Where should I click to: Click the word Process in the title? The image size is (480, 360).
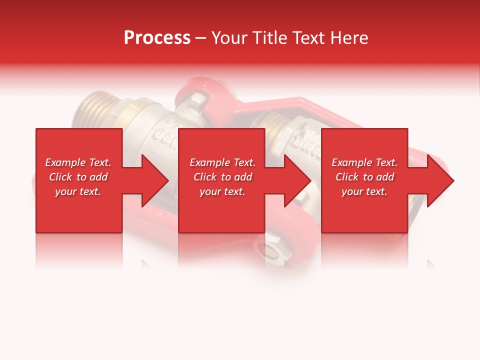[x=157, y=38]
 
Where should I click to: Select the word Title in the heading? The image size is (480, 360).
[x=271, y=38]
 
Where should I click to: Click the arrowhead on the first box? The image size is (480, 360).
[x=155, y=180]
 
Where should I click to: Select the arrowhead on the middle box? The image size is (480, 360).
[x=297, y=180]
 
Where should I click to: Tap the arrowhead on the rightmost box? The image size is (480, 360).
[x=440, y=180]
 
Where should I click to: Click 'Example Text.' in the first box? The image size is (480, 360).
[x=78, y=162]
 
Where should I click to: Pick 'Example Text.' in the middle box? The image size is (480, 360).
[x=222, y=162]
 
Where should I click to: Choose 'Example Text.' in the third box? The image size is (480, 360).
[x=364, y=162]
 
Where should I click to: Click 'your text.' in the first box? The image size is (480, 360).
[x=78, y=191]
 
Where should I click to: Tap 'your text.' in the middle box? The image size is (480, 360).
[x=222, y=191]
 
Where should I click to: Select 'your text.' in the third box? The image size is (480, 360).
[x=364, y=191]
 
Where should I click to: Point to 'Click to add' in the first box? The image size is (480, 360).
[x=78, y=177]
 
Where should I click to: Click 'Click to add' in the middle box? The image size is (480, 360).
[x=222, y=177]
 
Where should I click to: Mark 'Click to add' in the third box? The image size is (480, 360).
[x=364, y=177]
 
